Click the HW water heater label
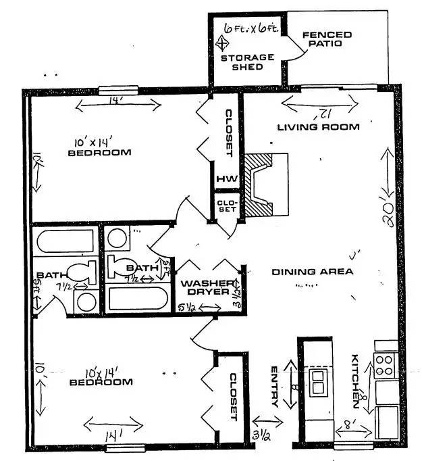tap(223, 180)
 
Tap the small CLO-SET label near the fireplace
tap(224, 205)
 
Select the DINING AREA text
tap(313, 272)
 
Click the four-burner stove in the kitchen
tap(385, 366)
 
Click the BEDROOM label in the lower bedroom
tap(101, 383)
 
